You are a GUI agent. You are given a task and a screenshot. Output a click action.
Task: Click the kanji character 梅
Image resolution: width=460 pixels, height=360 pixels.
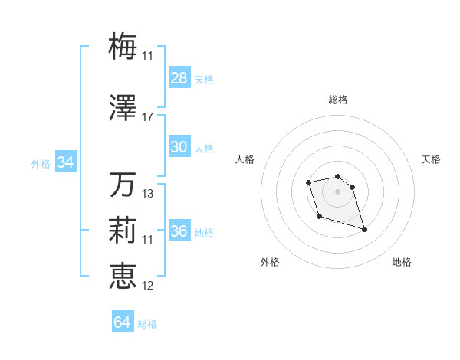click(x=123, y=44)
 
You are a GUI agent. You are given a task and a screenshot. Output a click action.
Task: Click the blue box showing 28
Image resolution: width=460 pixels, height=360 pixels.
click(x=179, y=78)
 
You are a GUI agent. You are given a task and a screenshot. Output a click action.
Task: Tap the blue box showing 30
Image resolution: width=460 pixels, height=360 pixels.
click(x=179, y=147)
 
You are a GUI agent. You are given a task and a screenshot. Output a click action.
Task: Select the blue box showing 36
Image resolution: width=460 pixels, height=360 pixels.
click(x=179, y=231)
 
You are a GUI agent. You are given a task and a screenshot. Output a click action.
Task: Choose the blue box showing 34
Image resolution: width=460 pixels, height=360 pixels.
click(x=65, y=162)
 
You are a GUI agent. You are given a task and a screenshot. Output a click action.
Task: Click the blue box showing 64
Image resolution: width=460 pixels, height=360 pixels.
click(x=123, y=322)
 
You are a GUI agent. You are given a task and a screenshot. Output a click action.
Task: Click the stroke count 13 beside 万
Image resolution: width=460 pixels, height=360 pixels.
click(x=148, y=194)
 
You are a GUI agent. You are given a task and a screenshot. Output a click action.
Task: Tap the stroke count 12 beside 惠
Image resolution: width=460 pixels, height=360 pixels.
click(x=148, y=285)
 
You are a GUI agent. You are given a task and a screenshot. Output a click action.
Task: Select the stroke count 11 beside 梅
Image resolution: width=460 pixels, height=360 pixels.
click(x=147, y=55)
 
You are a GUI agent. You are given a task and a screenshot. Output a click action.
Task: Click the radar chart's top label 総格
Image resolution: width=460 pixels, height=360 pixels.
click(x=338, y=100)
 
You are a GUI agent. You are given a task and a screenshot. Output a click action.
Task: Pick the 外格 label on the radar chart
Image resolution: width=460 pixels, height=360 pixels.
click(x=270, y=262)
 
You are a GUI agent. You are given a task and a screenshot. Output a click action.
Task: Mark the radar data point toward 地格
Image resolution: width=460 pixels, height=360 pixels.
click(x=364, y=229)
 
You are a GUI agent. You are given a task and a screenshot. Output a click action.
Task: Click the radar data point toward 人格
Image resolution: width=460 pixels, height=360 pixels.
click(x=308, y=182)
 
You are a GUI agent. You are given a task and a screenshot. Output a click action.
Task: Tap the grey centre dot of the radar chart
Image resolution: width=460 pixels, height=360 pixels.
click(x=337, y=191)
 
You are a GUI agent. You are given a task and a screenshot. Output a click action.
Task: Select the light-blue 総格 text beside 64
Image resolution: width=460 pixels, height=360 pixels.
click(x=147, y=324)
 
